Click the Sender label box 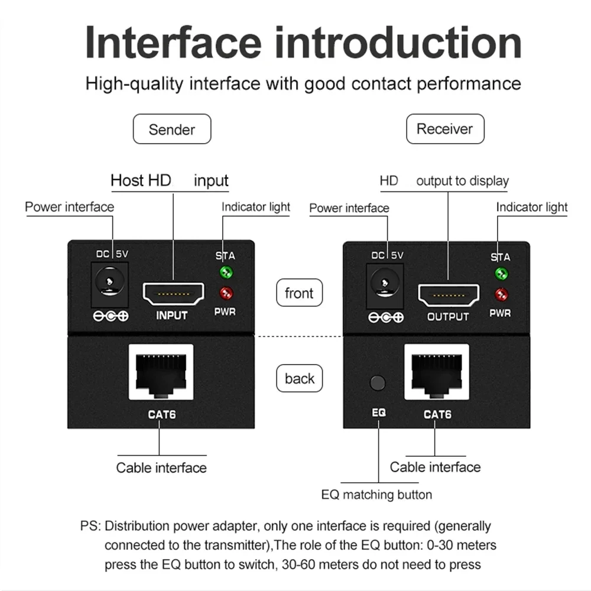(x=172, y=129)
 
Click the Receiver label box (x=445, y=129)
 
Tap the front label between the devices (x=300, y=293)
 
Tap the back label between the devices (x=300, y=378)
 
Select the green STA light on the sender (x=226, y=272)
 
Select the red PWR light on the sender (x=226, y=293)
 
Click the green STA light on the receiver (x=501, y=274)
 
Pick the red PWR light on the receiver (x=501, y=294)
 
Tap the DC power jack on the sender (x=108, y=280)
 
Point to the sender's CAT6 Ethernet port (x=161, y=372)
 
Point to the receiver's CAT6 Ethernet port (x=436, y=372)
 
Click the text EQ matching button (x=376, y=495)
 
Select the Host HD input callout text (x=170, y=180)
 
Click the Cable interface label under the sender (x=161, y=468)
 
